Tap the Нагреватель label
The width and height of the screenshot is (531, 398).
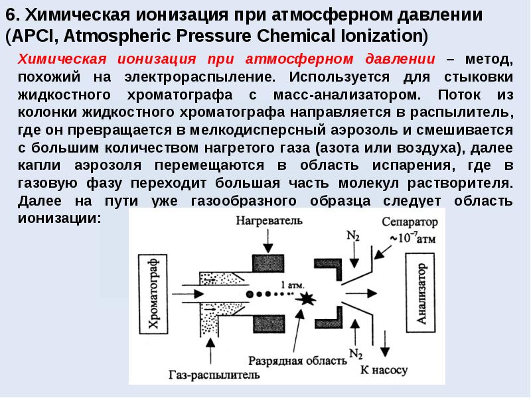(269, 221)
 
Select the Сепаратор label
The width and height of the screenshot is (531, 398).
(410, 222)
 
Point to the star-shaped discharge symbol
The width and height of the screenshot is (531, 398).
(306, 298)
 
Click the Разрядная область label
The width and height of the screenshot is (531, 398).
(297, 361)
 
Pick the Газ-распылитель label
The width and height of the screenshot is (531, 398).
(214, 375)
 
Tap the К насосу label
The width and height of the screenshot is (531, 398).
(384, 370)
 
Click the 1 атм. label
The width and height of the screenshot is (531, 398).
(293, 285)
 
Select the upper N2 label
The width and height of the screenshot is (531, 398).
(353, 235)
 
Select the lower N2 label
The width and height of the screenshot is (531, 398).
(356, 354)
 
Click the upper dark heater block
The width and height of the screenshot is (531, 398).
(268, 263)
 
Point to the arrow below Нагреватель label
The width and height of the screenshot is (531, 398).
(268, 241)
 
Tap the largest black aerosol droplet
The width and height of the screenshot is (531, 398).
(250, 294)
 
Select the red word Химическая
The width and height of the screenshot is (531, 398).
(62, 59)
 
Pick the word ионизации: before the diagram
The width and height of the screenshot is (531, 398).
(59, 218)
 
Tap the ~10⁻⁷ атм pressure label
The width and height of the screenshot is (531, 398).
(413, 238)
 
